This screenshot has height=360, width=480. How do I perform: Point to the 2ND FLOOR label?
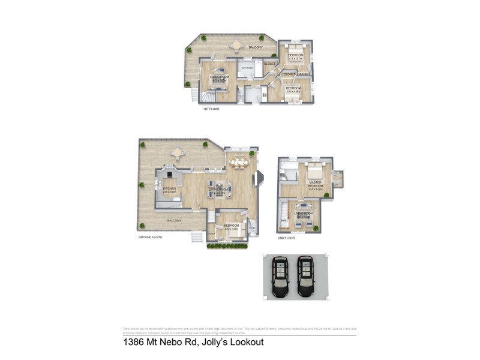pyautogui.click(x=287, y=238)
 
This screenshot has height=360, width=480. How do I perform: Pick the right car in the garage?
pyautogui.click(x=305, y=276)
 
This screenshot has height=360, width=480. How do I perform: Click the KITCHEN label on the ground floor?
pyautogui.click(x=169, y=189)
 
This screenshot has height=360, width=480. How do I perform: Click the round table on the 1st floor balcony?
pyautogui.click(x=236, y=44)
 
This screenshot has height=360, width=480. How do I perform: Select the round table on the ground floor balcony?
pyautogui.click(x=177, y=153)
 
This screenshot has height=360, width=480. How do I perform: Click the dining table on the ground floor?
pyautogui.click(x=239, y=161)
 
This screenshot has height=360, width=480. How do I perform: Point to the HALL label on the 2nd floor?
pyautogui.click(x=284, y=221)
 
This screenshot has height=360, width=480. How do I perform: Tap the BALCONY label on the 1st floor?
pyautogui.click(x=256, y=47)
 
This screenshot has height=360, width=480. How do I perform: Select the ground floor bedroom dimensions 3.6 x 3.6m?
pyautogui.click(x=232, y=229)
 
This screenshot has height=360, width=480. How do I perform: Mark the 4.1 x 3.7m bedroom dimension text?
pyautogui.click(x=295, y=59)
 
